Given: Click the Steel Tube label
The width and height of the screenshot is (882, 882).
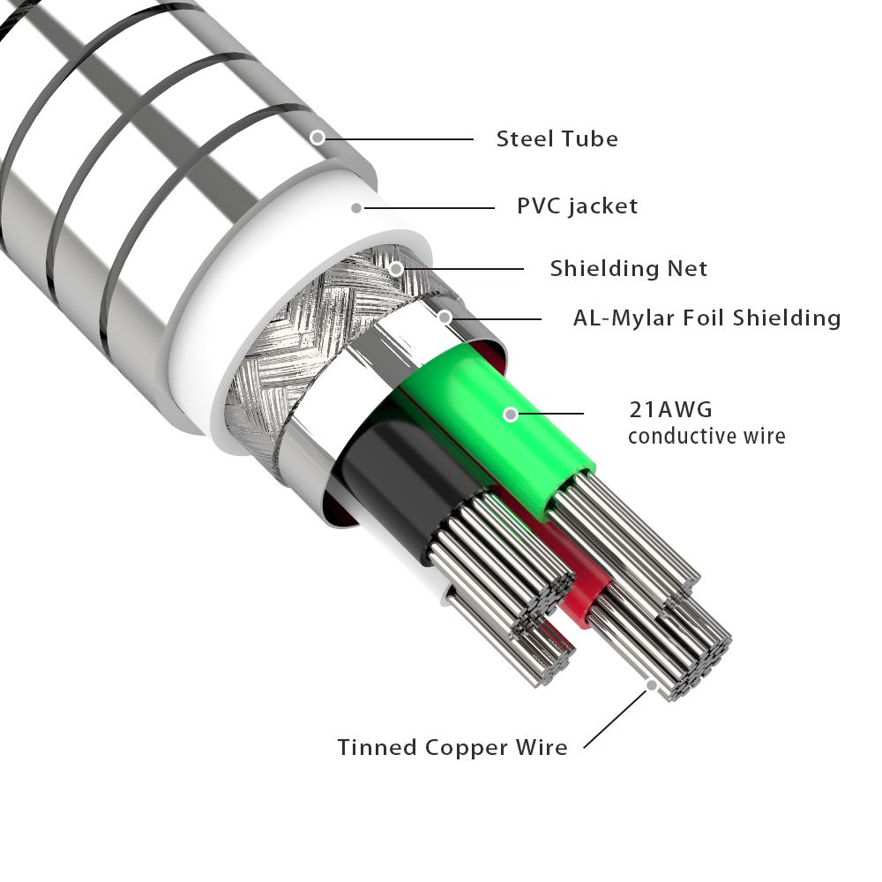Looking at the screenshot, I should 557,138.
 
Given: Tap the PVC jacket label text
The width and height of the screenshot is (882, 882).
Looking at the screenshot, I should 577,206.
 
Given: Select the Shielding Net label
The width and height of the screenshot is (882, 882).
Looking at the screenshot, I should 629,268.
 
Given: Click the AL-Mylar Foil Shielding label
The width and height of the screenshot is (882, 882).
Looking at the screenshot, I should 706,318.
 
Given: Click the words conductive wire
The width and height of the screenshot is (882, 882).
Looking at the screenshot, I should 706,436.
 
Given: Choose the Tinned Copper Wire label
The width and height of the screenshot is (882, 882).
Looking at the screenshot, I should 452,747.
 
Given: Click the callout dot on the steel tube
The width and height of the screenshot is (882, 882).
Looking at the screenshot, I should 318,137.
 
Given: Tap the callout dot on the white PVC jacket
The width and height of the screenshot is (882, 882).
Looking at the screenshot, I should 356,208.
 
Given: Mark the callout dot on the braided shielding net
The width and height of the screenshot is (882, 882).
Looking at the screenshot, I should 397,267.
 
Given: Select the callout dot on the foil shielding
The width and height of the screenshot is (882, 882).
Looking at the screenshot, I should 445,317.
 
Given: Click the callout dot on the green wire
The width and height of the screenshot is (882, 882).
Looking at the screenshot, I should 511,413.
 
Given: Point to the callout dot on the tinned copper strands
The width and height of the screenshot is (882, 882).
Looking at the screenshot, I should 651,684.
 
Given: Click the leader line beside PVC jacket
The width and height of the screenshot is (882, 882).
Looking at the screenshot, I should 432,208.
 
